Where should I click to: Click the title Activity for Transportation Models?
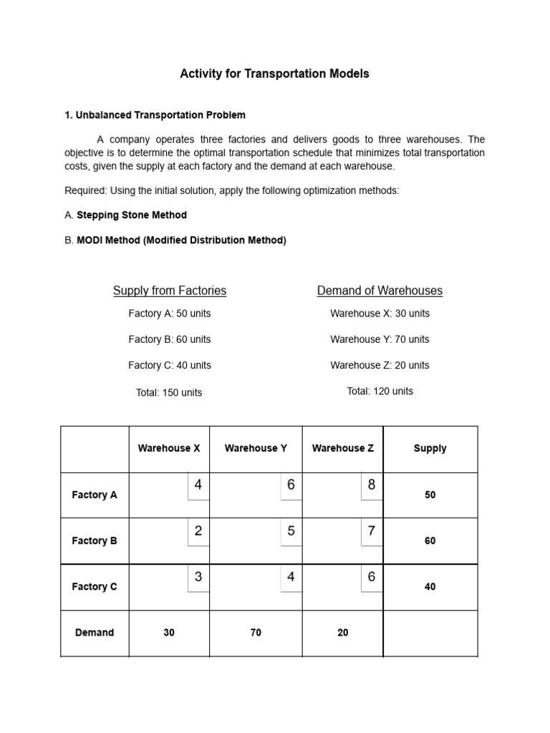(x=274, y=74)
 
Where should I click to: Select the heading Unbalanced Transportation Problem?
(x=160, y=115)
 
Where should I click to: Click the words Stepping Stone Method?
(x=132, y=215)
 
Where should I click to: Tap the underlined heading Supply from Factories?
(x=170, y=291)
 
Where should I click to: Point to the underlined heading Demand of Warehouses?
(x=380, y=291)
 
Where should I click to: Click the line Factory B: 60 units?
(x=170, y=339)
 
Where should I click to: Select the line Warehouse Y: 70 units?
(x=380, y=339)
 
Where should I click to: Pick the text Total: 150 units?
(x=169, y=392)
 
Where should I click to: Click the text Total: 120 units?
(x=380, y=391)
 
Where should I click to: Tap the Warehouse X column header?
(x=169, y=448)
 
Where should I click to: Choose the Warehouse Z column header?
(x=343, y=448)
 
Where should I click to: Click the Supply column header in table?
(x=430, y=448)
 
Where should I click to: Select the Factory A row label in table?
(x=95, y=495)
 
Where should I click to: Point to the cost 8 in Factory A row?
(x=372, y=485)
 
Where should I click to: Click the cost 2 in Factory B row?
(x=198, y=531)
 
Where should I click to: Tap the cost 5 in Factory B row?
(x=291, y=531)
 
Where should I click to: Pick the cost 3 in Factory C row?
(x=198, y=577)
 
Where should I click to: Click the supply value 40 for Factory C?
(x=430, y=586)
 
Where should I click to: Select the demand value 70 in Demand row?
(x=256, y=633)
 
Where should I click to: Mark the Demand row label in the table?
(x=95, y=633)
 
